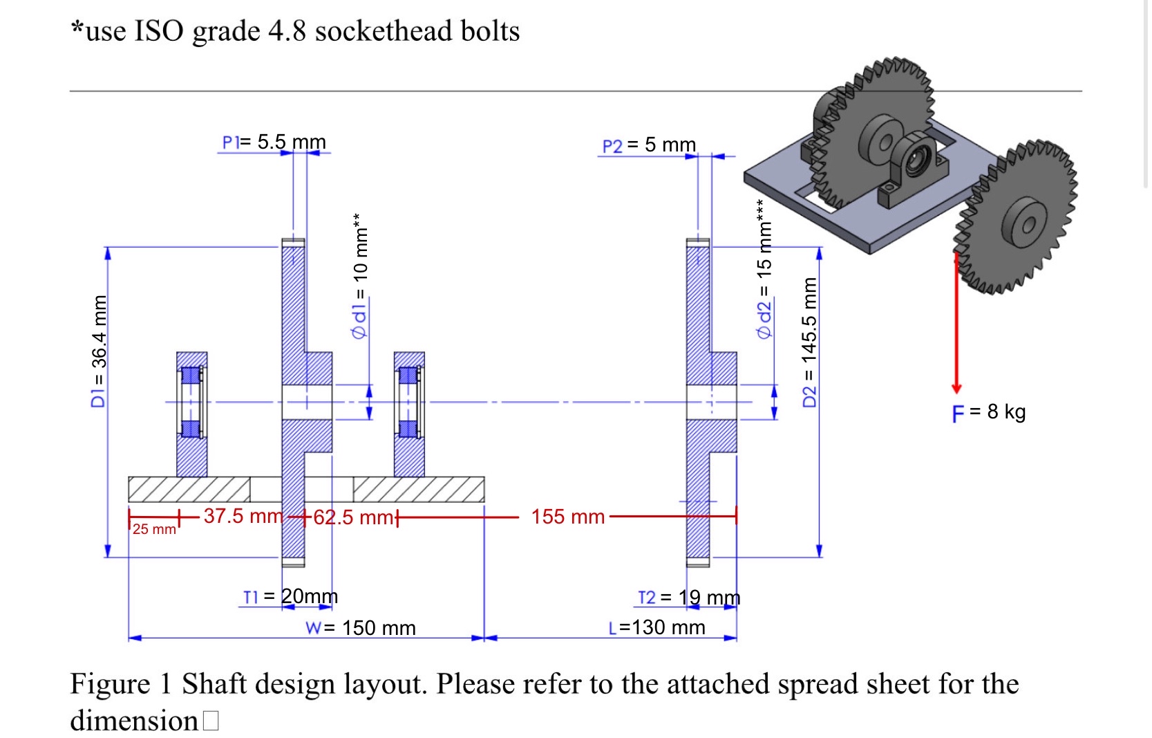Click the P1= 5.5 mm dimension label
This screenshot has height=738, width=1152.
point(274,142)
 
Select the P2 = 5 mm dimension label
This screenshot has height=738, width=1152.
point(649,145)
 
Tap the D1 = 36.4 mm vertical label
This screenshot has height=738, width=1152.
point(100,351)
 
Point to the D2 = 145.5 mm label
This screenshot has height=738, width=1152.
point(809,342)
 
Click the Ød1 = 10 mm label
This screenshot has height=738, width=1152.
point(360,277)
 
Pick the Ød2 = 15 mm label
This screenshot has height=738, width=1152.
point(764,270)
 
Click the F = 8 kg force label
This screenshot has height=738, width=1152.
point(989,412)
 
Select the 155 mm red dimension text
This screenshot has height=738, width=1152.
point(567,517)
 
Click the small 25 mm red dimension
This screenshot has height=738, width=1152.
point(154,529)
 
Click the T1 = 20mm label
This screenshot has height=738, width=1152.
point(290,596)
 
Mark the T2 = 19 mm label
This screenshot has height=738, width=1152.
point(688,597)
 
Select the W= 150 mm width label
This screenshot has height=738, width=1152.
point(360,628)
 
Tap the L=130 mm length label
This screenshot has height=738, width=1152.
point(657,627)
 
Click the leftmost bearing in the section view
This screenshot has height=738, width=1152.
point(191,414)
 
